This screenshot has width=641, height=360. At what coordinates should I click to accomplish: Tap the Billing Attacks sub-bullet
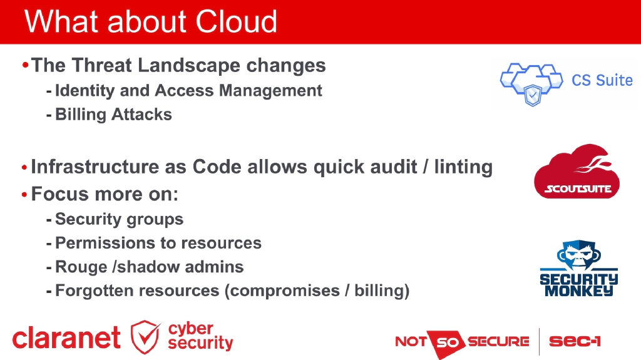[x=113, y=115]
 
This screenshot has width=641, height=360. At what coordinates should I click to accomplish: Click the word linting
[x=463, y=167]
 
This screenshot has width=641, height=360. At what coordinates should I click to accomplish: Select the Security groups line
[x=119, y=219]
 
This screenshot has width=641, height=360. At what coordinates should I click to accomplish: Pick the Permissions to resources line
[x=158, y=243]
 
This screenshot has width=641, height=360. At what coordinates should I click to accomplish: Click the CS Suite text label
[x=602, y=81]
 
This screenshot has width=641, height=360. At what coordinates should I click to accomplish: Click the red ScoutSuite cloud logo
[x=577, y=172]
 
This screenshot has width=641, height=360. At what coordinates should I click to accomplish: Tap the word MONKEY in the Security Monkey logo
[x=578, y=291]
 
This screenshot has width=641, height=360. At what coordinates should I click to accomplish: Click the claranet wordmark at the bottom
[x=66, y=339]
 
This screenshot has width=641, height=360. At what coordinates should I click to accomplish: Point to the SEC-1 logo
[x=575, y=341]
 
